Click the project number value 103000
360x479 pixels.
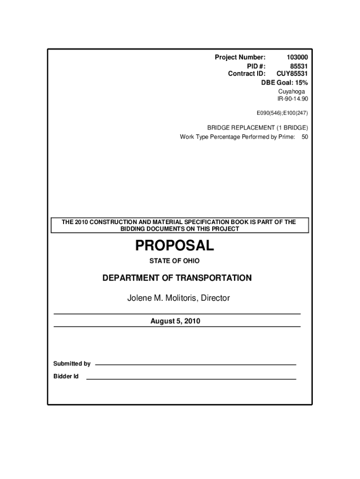tap(297, 57)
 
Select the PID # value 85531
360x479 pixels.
tap(299, 65)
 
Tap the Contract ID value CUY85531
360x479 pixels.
tap(292, 74)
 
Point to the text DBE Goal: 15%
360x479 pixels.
tap(284, 82)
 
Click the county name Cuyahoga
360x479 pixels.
tap(291, 91)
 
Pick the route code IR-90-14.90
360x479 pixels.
tap(293, 99)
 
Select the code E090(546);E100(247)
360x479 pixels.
tap(282, 113)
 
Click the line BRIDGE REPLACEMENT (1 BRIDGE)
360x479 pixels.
tap(258, 128)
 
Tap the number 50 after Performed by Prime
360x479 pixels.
tap(305, 137)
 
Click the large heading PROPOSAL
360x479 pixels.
tap(174, 245)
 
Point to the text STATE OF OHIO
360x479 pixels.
tap(174, 261)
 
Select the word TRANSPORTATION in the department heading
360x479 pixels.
tap(213, 278)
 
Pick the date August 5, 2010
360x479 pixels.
tap(175, 321)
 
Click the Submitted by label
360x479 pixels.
tap(72, 363)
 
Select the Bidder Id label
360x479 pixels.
tap(66, 377)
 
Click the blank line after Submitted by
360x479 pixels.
tap(195, 364)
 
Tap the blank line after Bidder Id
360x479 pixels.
tap(191, 378)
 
